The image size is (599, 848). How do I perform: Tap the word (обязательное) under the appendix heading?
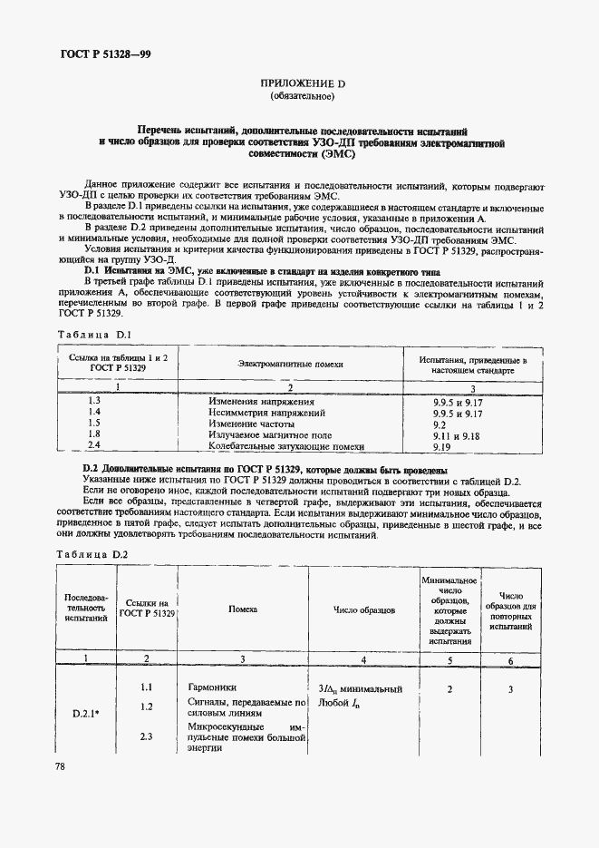tap(302, 96)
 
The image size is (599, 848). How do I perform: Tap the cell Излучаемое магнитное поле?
tap(267, 434)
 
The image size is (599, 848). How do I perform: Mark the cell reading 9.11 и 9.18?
tap(458, 434)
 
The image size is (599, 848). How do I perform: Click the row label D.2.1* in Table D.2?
tap(87, 713)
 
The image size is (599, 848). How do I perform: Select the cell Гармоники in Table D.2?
tap(212, 688)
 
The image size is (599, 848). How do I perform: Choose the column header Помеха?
tap(243, 610)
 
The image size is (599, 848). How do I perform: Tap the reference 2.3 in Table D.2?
tap(146, 736)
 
